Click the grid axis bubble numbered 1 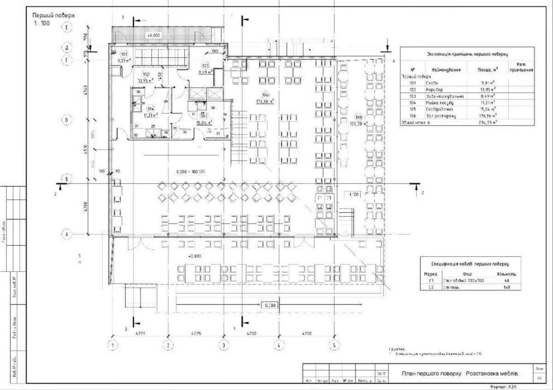[112, 345]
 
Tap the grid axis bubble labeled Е [67, 28]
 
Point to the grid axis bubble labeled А [67, 234]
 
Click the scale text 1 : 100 [41, 23]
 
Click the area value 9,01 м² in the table [488, 83]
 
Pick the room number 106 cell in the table [413, 116]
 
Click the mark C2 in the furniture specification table [431, 287]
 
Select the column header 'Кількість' [506, 274]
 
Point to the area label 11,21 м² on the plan [150, 115]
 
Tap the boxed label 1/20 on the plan [353, 195]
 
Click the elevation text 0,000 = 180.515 [190, 172]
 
